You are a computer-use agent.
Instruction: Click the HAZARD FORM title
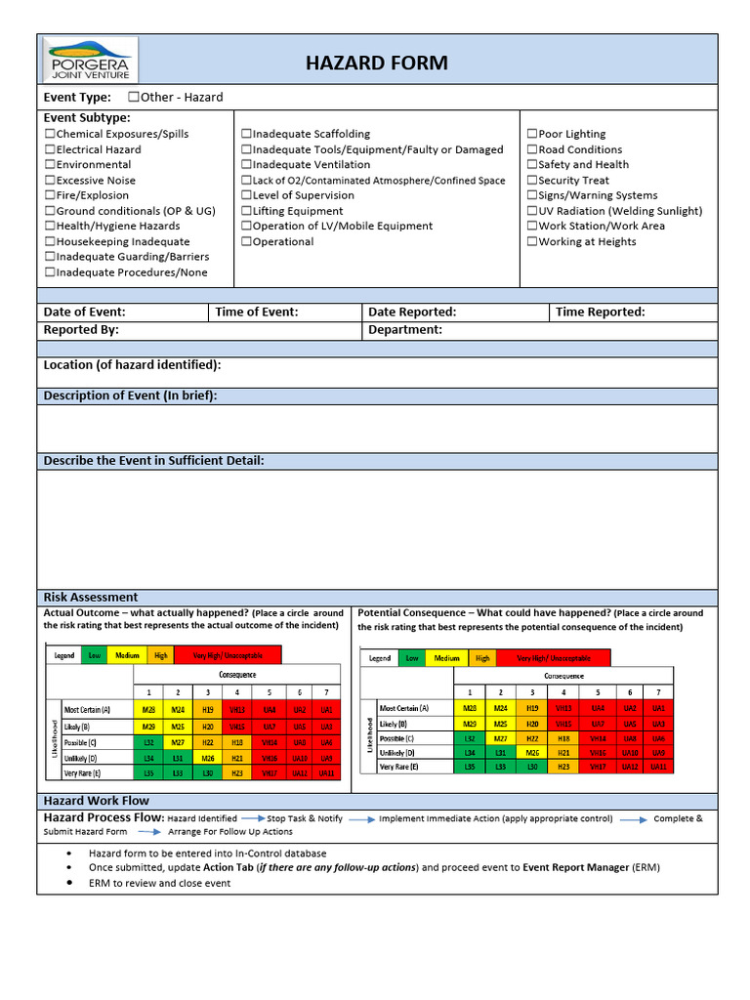(377, 63)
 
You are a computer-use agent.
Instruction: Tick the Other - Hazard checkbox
(134, 97)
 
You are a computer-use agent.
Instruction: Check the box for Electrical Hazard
(50, 149)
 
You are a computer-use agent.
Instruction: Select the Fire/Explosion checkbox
(50, 195)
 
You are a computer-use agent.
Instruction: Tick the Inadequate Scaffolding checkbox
(247, 134)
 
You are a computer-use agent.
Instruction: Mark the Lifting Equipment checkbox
(247, 211)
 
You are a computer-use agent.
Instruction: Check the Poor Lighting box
(532, 134)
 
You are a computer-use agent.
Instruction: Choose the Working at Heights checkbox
(532, 241)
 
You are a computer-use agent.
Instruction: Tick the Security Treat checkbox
(532, 180)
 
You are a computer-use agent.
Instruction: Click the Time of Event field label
(256, 312)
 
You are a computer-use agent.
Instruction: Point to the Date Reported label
(411, 312)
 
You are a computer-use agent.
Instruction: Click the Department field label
(404, 330)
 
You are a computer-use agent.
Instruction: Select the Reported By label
(81, 330)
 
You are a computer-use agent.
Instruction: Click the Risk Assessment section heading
(91, 597)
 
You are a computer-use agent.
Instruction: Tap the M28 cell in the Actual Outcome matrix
(148, 710)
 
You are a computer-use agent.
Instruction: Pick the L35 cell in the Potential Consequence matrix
(470, 768)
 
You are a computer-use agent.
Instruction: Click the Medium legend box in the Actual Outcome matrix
(127, 655)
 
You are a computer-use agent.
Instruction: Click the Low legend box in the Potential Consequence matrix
(412, 658)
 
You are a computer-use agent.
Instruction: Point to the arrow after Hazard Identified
(253, 818)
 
